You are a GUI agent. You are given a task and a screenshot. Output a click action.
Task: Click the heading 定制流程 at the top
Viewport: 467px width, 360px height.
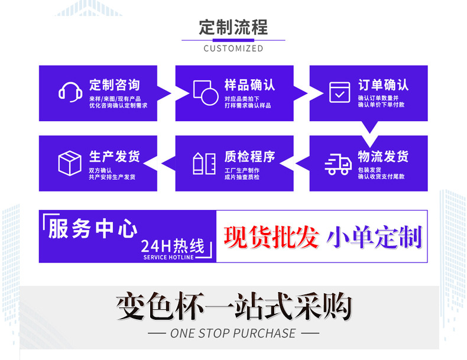(233, 27)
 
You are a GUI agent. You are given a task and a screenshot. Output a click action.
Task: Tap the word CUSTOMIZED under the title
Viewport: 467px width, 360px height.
(233, 48)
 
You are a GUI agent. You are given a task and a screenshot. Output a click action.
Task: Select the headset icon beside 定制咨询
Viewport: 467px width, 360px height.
(70, 92)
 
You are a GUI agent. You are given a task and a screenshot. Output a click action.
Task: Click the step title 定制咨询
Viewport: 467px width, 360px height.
(115, 85)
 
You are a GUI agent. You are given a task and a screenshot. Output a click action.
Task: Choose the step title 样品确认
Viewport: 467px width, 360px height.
(249, 85)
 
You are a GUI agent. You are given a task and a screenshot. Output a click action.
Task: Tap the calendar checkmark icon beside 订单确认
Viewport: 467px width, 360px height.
(339, 92)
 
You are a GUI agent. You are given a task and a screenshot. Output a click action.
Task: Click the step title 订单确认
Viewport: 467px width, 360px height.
(383, 85)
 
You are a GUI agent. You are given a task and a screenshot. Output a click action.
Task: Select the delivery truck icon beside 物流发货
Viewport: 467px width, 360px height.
(338, 164)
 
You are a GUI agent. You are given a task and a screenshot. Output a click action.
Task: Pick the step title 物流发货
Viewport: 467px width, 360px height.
(383, 157)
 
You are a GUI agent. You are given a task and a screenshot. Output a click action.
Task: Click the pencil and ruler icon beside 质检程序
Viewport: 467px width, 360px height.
(205, 164)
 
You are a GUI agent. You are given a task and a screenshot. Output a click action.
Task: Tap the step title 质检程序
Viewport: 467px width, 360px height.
(249, 157)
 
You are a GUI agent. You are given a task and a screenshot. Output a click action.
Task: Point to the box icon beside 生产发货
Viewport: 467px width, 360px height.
(70, 163)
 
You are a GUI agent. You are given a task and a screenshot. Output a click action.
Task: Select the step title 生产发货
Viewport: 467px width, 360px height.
(115, 157)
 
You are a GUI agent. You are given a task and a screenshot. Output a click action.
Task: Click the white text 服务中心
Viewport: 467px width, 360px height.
(93, 229)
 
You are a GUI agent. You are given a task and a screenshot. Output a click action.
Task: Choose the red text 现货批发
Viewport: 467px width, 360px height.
(271, 236)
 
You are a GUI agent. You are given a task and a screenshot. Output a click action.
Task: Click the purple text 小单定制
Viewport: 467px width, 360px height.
(375, 236)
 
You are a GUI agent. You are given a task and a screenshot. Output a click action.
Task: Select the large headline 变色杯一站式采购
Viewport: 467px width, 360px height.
(234, 306)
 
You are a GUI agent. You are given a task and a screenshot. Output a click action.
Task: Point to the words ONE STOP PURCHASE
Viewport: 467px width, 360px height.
(233, 333)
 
